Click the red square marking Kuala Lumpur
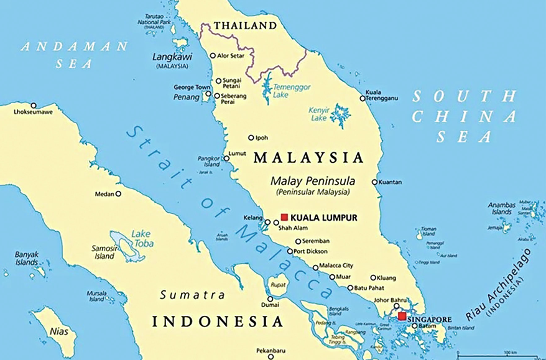click(x=284, y=217)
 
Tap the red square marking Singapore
click(x=402, y=316)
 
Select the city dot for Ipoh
click(x=251, y=138)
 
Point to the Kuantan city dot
click(x=374, y=182)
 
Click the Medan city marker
click(x=118, y=193)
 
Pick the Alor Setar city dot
click(x=213, y=55)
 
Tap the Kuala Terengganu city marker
click(x=363, y=98)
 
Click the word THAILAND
click(x=244, y=25)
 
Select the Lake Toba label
click(x=141, y=239)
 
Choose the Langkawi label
click(x=172, y=57)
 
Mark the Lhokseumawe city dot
click(x=34, y=106)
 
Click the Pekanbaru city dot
click(x=270, y=356)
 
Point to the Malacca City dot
click(x=316, y=268)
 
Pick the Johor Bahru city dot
click(x=396, y=306)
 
